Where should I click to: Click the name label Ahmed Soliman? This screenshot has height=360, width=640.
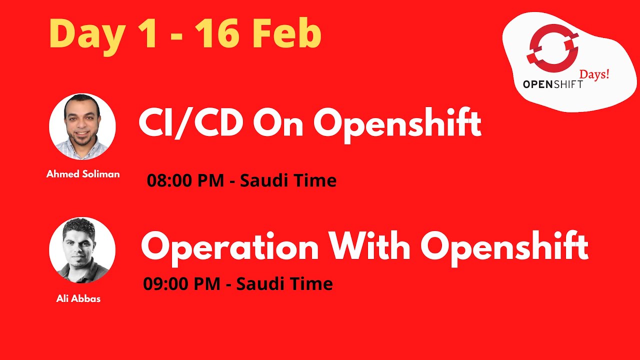[83, 174]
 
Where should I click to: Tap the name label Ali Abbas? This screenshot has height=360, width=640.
[78, 299]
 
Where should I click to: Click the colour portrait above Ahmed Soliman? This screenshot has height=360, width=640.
[82, 127]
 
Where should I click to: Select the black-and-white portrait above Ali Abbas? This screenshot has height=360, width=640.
[82, 250]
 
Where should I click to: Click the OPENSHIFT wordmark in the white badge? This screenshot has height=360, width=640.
[552, 84]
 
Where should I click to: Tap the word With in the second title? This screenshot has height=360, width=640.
[369, 246]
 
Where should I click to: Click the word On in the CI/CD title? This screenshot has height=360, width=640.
[278, 124]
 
